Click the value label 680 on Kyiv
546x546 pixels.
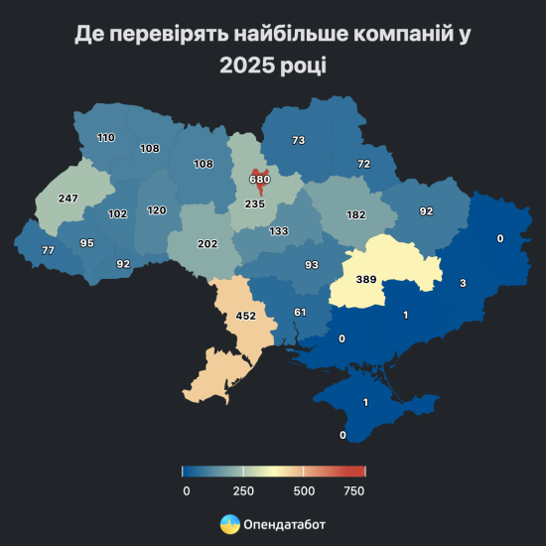[259, 179]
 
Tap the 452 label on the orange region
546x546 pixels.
[245, 317]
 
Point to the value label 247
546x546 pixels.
[68, 199]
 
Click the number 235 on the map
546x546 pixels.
[255, 205]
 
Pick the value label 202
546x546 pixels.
[206, 244]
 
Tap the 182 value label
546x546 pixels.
[356, 214]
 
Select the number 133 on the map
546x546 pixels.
[278, 231]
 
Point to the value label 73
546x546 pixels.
[298, 141]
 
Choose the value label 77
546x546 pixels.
[48, 251]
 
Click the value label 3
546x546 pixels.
[462, 284]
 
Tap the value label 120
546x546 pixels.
[157, 210]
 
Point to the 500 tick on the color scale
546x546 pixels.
[304, 490]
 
